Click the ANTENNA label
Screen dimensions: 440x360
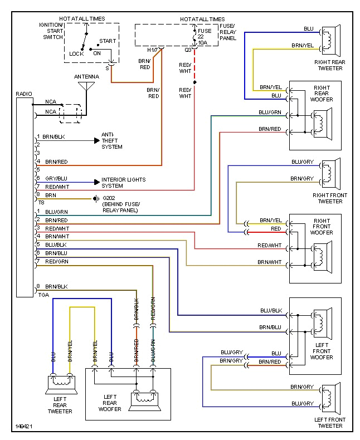[86, 76]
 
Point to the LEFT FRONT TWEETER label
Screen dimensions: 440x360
[329, 423]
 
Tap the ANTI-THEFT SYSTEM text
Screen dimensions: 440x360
[111, 140]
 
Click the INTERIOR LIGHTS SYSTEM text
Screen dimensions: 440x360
[123, 183]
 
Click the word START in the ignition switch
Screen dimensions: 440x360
[107, 41]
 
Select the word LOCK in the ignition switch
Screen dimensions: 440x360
[76, 54]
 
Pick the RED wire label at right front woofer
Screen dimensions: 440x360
[276, 229]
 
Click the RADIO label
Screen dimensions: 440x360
[24, 94]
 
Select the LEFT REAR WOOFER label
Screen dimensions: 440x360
[110, 403]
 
